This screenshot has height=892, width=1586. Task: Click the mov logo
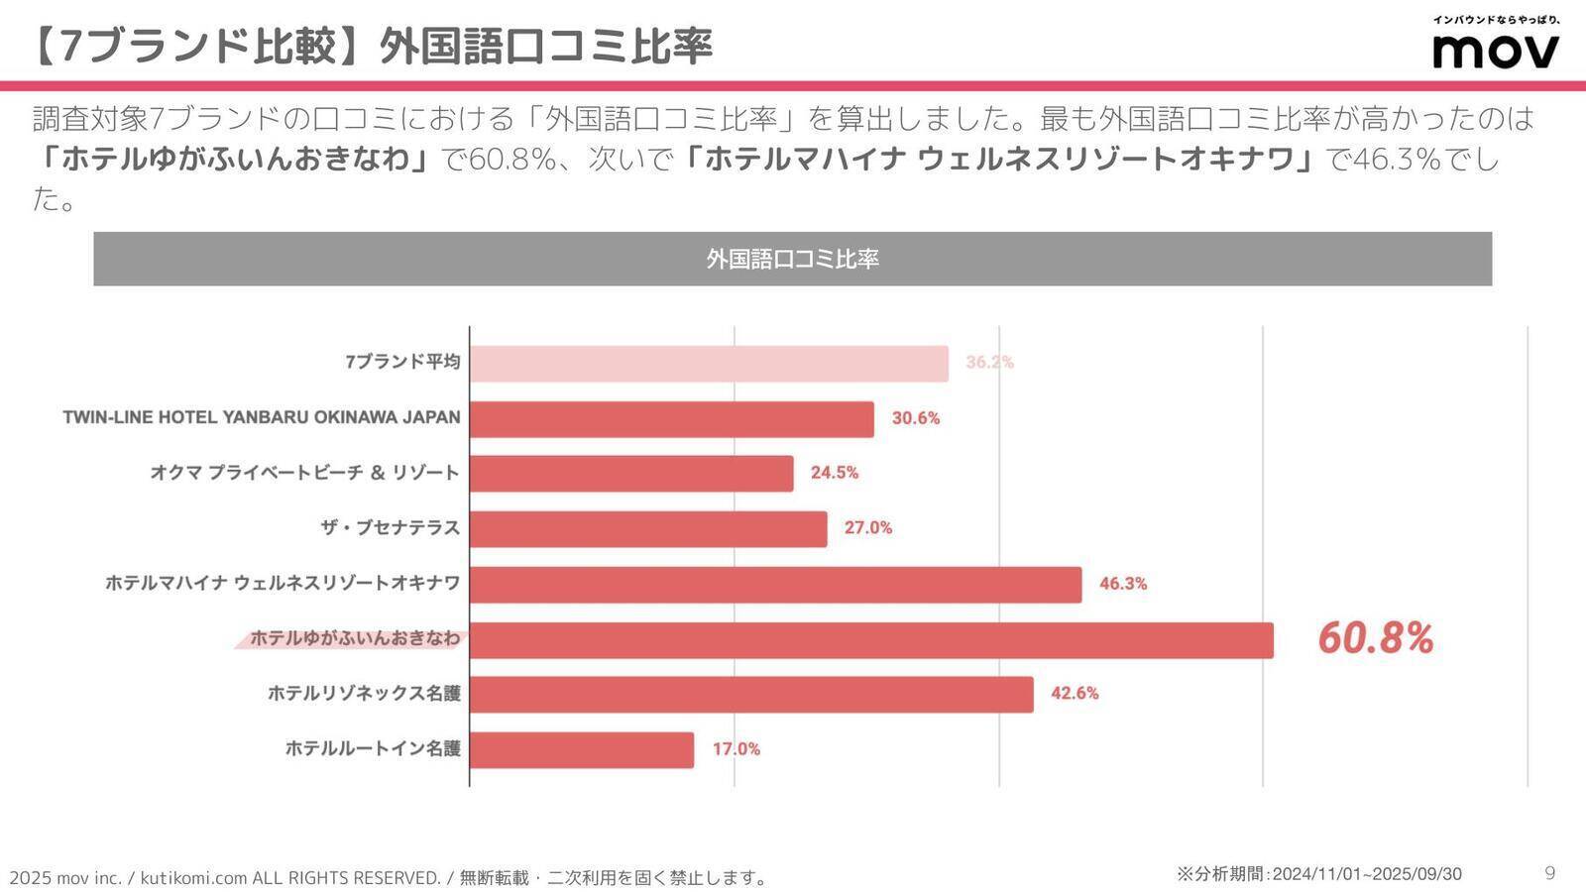[1495, 50]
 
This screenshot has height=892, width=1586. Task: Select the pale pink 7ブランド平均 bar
[709, 364]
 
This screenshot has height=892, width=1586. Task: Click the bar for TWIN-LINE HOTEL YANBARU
[672, 419]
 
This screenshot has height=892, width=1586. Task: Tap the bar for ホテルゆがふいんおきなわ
[871, 640]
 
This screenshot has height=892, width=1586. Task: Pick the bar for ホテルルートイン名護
[582, 750]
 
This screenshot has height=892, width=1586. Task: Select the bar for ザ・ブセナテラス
[648, 529]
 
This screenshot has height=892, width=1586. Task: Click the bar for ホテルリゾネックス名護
[751, 695]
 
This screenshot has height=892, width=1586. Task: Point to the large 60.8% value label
[1375, 639]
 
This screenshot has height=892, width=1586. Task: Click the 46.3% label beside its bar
[1122, 584]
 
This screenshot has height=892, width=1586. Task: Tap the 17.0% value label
[736, 749]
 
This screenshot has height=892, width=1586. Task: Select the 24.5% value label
[834, 473]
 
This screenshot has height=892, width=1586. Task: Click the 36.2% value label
[989, 363]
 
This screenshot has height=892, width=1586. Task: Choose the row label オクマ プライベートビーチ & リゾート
[304, 473]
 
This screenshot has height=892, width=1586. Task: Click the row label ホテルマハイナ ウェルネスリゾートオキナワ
[283, 583]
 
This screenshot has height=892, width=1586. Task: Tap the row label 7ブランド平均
[402, 362]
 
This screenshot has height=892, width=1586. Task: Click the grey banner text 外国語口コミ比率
[792, 260]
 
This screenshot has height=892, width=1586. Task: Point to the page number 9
[1549, 873]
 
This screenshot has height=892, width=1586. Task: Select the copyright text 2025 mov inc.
[65, 878]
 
